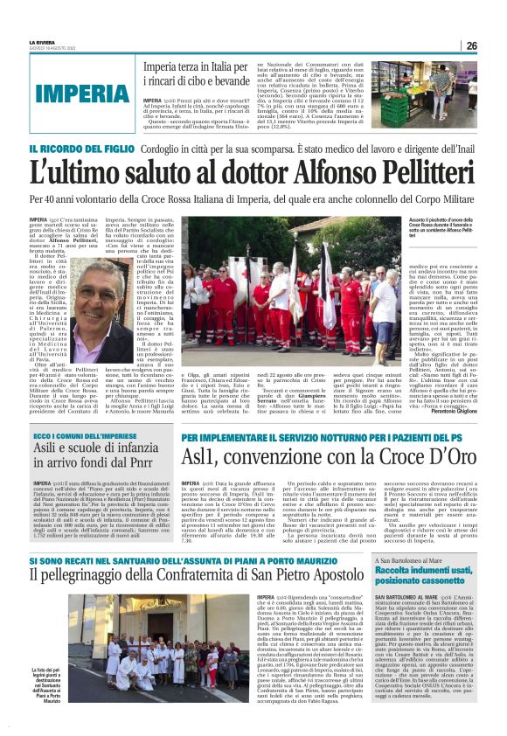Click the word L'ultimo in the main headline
[73, 171]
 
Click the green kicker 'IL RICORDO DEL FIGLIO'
[73, 149]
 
